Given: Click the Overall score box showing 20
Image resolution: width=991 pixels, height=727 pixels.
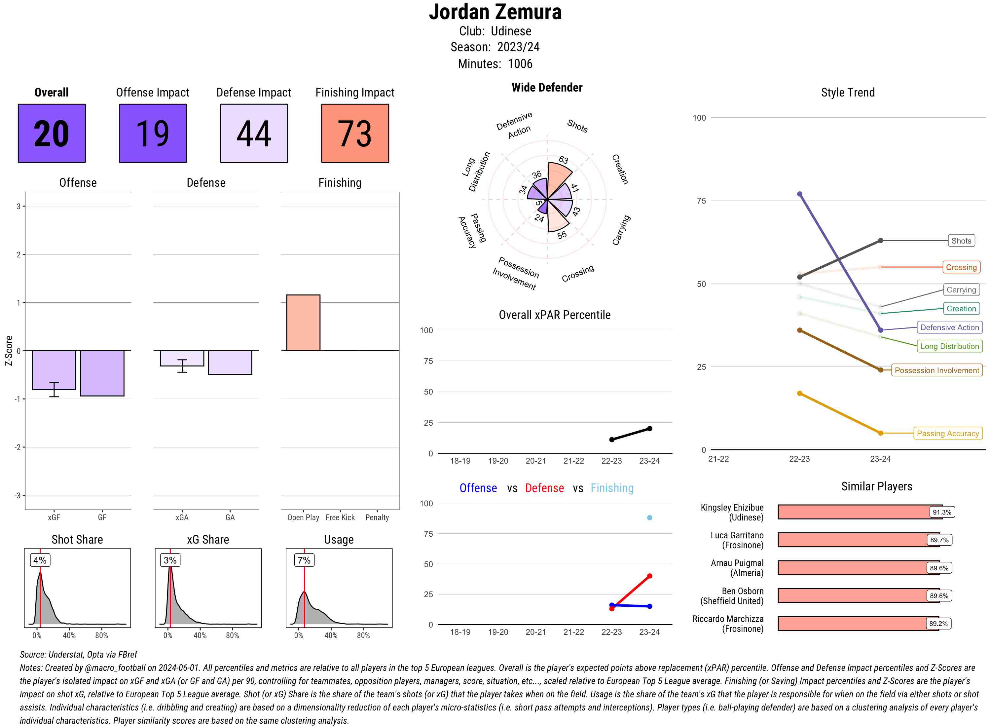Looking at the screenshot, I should click(52, 134).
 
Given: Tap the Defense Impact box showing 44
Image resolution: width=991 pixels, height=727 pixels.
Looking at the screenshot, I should click(254, 134).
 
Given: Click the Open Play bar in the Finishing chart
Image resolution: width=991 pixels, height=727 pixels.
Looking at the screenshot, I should click(303, 323).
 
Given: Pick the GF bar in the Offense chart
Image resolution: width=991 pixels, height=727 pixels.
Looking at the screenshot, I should click(102, 373).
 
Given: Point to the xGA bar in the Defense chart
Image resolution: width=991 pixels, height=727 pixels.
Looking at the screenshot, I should click(182, 358).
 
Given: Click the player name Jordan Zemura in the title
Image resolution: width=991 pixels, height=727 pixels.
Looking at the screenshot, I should click(495, 12).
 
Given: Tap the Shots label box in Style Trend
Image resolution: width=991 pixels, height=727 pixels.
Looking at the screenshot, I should click(961, 241).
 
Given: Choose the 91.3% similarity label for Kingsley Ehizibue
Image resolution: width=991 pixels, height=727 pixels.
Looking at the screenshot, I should click(942, 512).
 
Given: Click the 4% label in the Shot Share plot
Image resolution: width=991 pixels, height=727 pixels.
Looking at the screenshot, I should click(40, 560).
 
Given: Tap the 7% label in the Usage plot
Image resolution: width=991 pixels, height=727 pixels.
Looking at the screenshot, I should click(304, 560).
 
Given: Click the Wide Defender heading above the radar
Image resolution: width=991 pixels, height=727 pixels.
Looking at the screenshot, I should click(547, 88).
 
